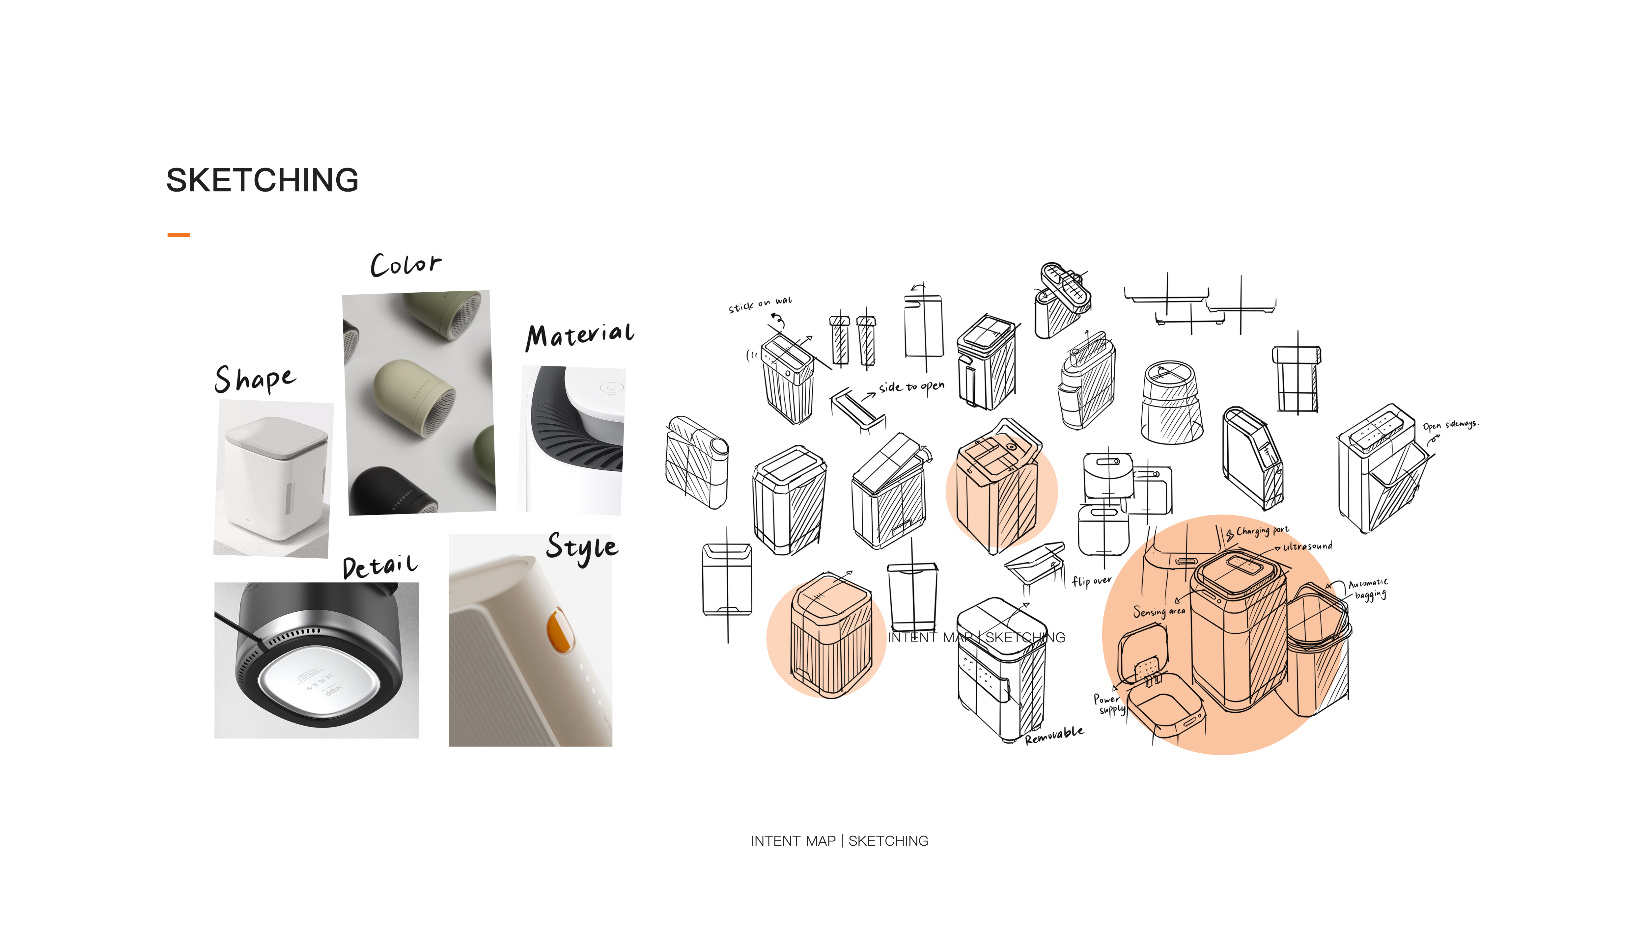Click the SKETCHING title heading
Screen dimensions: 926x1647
[x=262, y=180]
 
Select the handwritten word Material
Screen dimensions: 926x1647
[x=580, y=335]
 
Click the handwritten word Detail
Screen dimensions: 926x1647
[x=380, y=566]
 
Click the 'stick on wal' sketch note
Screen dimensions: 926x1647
[x=760, y=304]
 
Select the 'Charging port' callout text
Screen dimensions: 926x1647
[x=1262, y=531]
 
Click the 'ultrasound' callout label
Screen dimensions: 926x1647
[x=1307, y=546]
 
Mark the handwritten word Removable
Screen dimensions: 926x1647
[x=1054, y=735]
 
